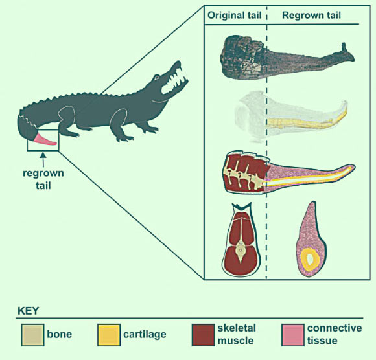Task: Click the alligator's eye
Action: (x=157, y=78)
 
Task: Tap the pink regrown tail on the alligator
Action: (x=45, y=140)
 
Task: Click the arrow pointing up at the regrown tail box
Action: (x=43, y=160)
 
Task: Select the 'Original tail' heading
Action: (x=234, y=16)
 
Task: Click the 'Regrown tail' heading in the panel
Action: (x=311, y=16)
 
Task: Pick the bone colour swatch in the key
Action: (x=32, y=335)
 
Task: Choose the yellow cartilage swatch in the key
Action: (x=109, y=335)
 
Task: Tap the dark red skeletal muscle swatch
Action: (x=204, y=335)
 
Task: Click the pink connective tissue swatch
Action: (x=293, y=335)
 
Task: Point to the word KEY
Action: (x=29, y=311)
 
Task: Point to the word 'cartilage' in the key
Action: (x=145, y=334)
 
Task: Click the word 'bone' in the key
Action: (x=60, y=334)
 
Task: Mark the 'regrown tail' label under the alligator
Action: (x=43, y=179)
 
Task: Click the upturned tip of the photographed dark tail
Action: (x=344, y=45)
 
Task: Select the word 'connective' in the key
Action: (x=335, y=328)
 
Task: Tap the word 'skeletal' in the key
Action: (x=237, y=328)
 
